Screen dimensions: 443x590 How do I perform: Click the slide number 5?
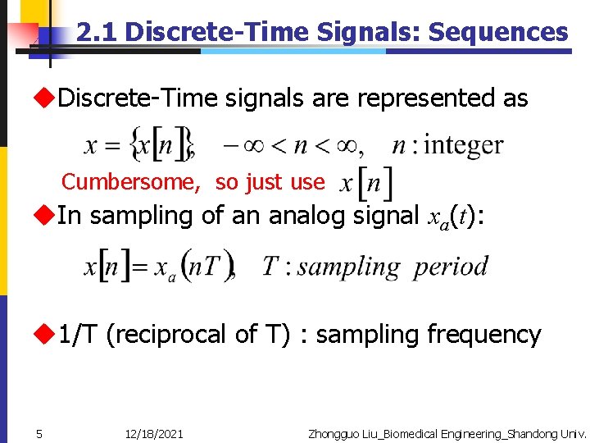(39, 433)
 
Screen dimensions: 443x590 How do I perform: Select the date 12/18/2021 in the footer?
(154, 433)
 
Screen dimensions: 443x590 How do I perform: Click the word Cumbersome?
(131, 181)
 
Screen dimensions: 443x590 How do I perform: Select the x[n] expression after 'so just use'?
(365, 182)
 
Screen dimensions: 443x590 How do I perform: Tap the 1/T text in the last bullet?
(79, 334)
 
